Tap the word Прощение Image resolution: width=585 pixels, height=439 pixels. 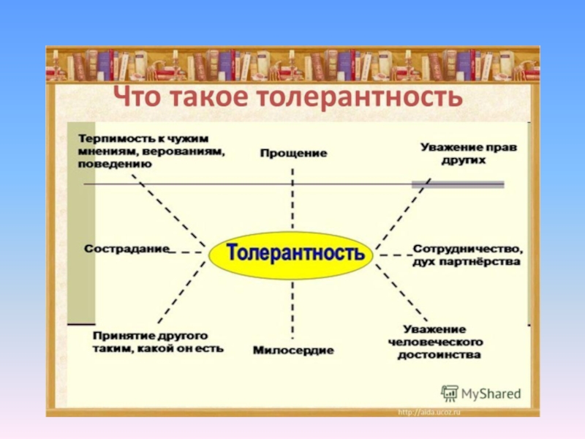coord(293,154)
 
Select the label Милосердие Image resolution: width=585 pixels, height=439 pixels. coord(293,350)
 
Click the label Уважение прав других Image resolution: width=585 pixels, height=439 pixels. coord(469,153)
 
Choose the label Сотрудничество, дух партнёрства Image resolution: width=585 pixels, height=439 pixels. coord(467,255)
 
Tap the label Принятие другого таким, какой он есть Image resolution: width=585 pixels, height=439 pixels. coord(158,342)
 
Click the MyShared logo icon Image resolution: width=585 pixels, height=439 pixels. coord(449,393)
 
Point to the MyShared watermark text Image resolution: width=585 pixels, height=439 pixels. coord(491,394)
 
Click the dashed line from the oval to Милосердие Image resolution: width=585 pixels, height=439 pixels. coord(292,311)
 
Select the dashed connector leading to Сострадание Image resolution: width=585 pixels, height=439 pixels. coord(189,252)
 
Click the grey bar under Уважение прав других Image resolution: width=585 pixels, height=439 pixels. coord(458,184)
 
